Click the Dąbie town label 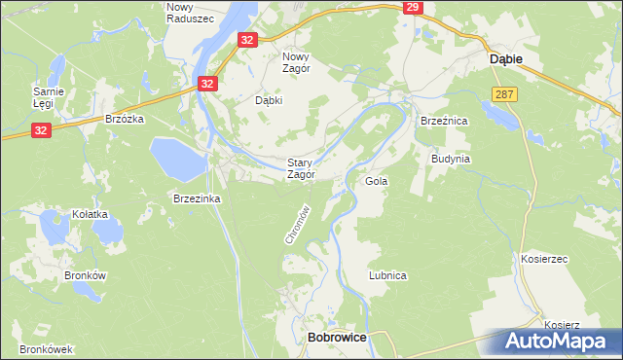point(503,59)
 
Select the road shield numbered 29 point(413,8)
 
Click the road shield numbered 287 point(503,93)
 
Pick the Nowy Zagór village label point(295,62)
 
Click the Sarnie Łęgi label point(49,97)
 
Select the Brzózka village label point(125,119)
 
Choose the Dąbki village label point(269,99)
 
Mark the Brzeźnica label point(445,120)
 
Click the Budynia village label point(451,158)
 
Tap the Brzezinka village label point(198,198)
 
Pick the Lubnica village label point(386,275)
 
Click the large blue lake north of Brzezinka point(175,157)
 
